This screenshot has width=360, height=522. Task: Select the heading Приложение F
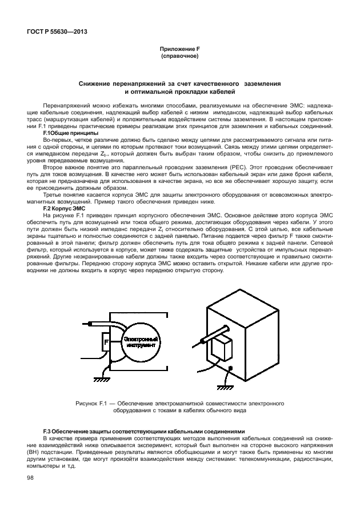pyautogui.click(x=180, y=50)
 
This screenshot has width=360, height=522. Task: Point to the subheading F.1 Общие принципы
pyautogui.click(x=67, y=133)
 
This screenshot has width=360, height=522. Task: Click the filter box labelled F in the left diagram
pyautogui.click(x=106, y=342)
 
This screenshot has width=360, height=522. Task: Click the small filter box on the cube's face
pyautogui.click(x=221, y=348)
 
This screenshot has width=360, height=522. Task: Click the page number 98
pyautogui.click(x=30, y=478)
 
